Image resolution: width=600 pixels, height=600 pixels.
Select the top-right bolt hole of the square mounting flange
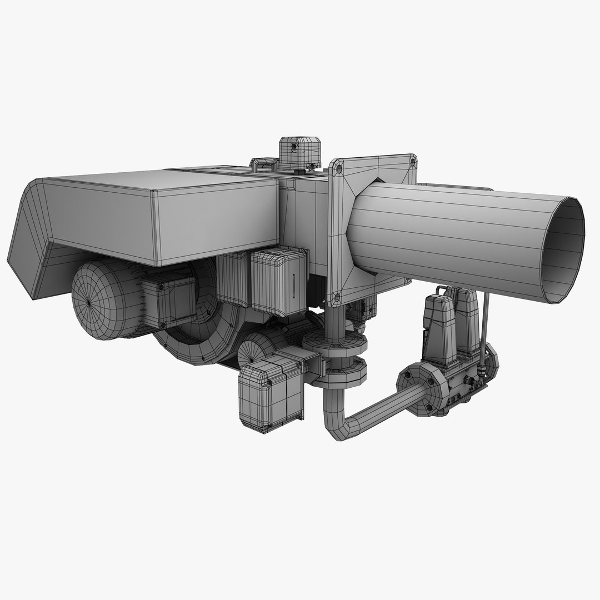pos(412,161)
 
